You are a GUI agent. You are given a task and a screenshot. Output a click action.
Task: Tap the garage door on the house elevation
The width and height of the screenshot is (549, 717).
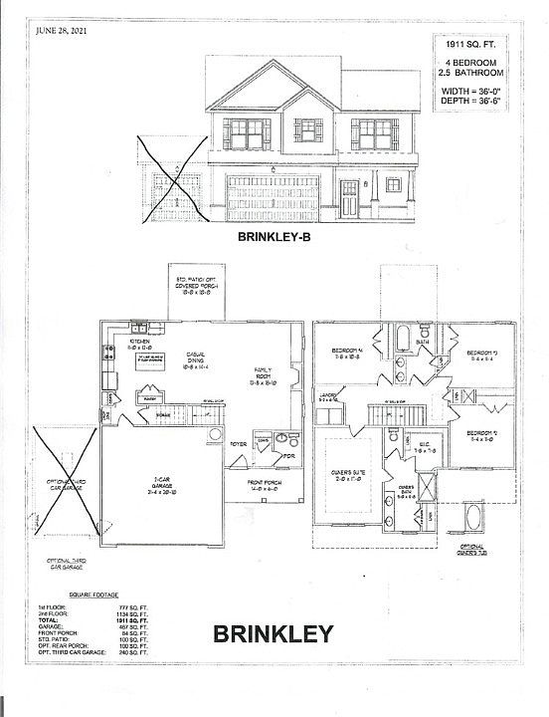point(274,196)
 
